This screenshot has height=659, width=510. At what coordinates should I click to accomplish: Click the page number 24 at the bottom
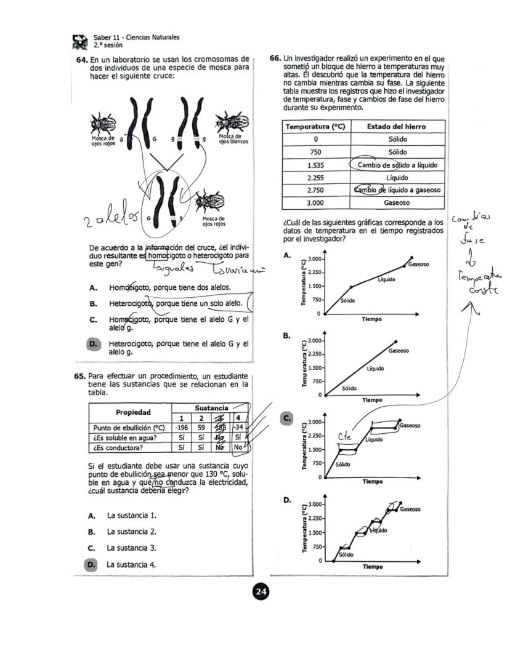tap(261, 592)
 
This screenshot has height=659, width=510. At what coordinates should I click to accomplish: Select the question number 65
tap(81, 376)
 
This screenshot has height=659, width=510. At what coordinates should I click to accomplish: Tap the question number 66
tap(276, 58)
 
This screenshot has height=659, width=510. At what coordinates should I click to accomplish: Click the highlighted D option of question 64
tap(94, 345)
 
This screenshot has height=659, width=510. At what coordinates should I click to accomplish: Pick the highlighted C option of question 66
tap(286, 418)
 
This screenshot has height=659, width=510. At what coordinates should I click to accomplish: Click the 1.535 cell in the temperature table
tap(315, 166)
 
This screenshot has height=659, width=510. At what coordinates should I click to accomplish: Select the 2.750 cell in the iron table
tap(315, 190)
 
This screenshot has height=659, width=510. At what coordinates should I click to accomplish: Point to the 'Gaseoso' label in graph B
tap(400, 351)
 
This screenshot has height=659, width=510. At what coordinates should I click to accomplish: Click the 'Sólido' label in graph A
tap(349, 302)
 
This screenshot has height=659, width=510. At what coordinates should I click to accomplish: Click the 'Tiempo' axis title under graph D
tap(372, 567)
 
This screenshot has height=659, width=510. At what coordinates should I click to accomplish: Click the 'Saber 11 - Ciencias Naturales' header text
tap(136, 38)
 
